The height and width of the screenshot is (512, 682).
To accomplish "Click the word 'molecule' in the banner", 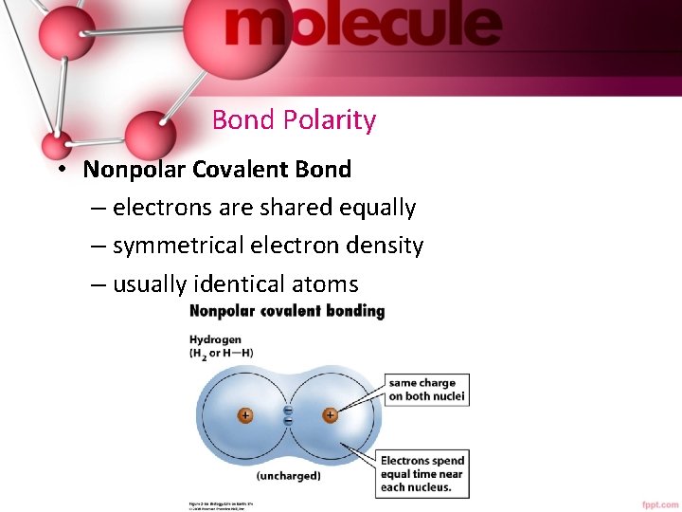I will (x=363, y=27).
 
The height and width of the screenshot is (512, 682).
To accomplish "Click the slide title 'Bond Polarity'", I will (x=294, y=120).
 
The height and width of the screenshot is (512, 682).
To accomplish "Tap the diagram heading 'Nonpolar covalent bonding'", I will (x=287, y=311).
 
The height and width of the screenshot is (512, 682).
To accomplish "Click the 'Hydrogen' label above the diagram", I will (x=215, y=338).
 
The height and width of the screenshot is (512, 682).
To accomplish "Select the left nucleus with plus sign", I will (x=244, y=415).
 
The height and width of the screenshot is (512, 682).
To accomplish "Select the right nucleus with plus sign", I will (x=331, y=415).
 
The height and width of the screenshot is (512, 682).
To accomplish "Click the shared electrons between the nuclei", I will (x=288, y=415).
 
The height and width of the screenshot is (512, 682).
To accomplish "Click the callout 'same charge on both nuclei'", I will (x=425, y=390).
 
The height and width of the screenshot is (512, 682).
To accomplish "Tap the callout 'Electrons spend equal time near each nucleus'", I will (x=422, y=474).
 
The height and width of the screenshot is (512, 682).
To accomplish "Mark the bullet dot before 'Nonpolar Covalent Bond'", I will (x=59, y=171).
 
